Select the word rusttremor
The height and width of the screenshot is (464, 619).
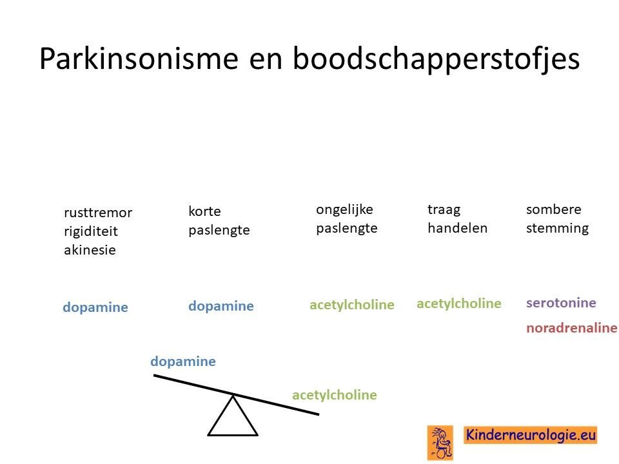(98, 213)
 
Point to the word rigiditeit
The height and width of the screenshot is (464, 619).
(91, 231)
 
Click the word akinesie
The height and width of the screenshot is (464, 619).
(90, 250)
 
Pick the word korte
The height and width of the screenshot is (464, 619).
(204, 211)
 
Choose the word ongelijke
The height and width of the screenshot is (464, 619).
(344, 210)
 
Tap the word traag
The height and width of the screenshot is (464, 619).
(444, 210)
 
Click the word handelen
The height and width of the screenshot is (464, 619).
(458, 228)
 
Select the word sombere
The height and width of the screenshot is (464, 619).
(553, 209)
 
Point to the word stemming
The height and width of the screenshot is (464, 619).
(557, 228)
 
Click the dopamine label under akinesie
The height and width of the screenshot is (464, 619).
(95, 307)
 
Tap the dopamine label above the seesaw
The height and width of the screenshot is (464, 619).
(183, 362)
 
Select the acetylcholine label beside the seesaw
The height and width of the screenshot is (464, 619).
(335, 395)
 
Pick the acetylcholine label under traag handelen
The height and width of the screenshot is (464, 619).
(458, 304)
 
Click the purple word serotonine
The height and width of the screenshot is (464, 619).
(561, 303)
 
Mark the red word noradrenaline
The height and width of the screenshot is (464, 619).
(572, 328)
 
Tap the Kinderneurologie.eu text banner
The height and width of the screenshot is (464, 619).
(530, 435)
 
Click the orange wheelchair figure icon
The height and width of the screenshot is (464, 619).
(440, 443)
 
